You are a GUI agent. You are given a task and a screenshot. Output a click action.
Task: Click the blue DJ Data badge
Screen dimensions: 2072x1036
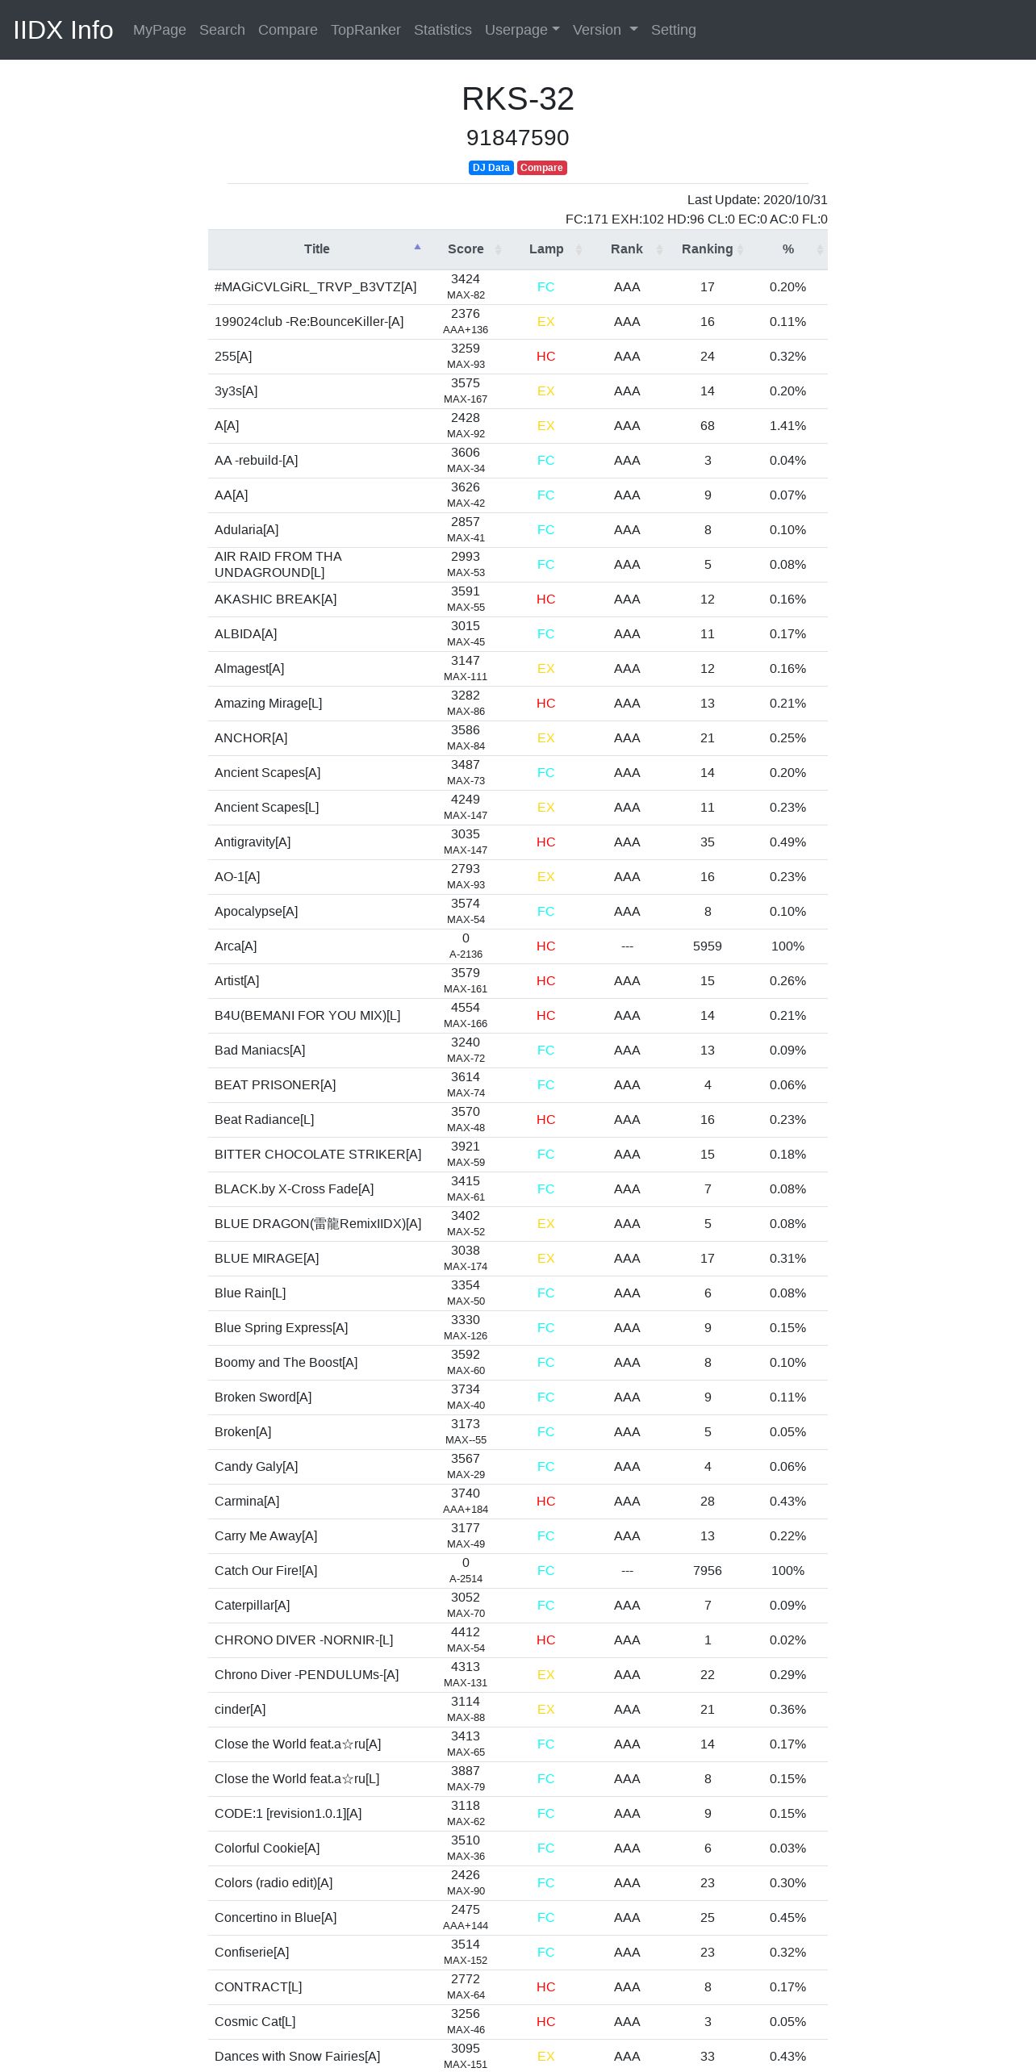coord(491,168)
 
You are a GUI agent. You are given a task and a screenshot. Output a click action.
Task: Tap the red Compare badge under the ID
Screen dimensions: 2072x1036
coord(541,168)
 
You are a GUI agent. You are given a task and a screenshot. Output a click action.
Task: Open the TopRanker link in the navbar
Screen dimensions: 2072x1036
coord(366,30)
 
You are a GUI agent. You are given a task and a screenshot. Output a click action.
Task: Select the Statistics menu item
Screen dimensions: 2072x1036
coord(442,30)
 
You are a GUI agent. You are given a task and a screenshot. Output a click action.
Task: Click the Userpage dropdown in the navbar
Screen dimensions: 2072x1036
coord(522,30)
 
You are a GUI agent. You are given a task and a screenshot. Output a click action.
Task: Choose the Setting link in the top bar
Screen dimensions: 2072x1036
coord(673,30)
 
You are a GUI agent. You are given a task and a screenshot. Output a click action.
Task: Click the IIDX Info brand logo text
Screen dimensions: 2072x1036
coord(63,30)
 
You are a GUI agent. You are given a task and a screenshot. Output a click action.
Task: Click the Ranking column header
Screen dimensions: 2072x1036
coord(707,249)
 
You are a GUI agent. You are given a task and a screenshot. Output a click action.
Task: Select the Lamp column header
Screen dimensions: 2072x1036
coord(546,249)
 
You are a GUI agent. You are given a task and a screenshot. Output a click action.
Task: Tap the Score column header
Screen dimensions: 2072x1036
coord(466,249)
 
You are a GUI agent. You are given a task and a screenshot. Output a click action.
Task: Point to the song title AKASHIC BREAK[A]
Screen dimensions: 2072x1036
coord(275,599)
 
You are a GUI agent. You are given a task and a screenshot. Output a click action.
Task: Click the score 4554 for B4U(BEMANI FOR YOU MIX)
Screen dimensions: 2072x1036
coord(466,1008)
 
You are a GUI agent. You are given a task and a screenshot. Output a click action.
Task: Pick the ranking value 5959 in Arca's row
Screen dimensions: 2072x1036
coord(708,946)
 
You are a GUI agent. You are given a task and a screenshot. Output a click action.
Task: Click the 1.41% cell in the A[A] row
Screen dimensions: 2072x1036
coord(787,426)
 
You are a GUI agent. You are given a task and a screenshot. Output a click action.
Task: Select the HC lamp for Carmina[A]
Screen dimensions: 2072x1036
coord(546,1502)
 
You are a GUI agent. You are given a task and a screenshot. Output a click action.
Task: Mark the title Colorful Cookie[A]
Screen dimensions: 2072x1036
coord(267,1849)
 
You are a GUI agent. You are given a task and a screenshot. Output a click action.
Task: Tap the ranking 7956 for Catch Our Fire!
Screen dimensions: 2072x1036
coord(708,1571)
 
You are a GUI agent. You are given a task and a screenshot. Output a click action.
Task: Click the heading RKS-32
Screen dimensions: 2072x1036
coord(518,99)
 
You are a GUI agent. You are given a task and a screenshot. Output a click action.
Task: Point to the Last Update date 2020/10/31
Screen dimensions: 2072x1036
coord(757,200)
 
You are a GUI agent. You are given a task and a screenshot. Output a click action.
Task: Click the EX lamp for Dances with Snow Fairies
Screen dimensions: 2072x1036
coord(546,2057)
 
